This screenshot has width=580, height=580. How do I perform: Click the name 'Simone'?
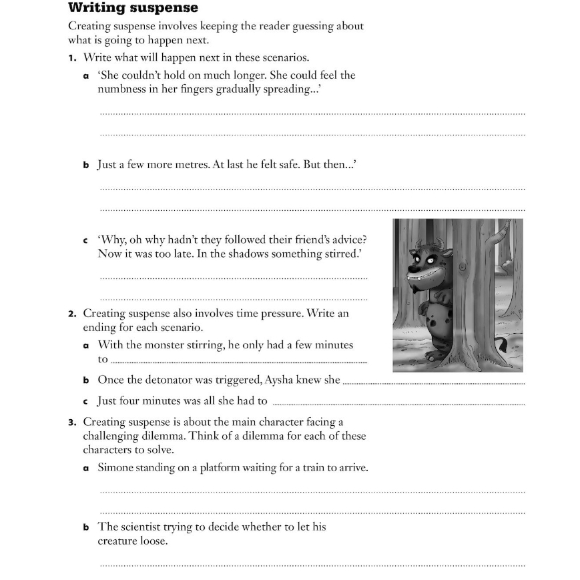116,468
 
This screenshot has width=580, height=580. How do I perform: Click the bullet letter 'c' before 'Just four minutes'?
85,401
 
